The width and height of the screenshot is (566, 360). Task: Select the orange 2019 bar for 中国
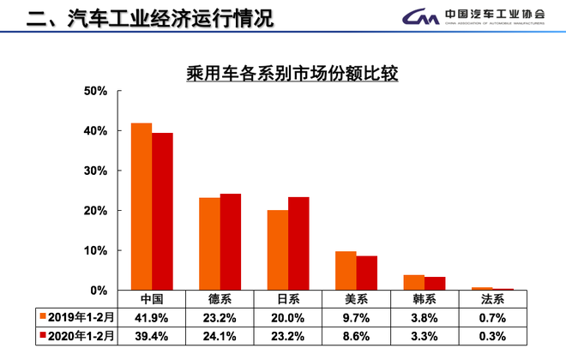(x=141, y=206)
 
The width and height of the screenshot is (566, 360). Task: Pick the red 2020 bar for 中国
(x=162, y=211)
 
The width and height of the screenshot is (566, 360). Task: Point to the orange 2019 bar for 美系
(x=345, y=270)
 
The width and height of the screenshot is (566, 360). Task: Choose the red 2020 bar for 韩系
(x=435, y=284)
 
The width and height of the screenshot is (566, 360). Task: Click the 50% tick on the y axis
(x=94, y=91)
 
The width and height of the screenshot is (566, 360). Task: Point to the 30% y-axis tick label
(x=94, y=171)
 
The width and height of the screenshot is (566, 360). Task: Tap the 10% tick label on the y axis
(x=94, y=250)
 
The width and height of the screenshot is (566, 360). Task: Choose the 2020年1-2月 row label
(x=77, y=335)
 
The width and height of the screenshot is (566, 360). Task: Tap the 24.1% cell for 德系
(x=220, y=335)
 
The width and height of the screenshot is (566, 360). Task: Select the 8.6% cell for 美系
(x=356, y=335)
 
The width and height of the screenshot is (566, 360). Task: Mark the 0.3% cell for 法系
(x=492, y=335)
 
